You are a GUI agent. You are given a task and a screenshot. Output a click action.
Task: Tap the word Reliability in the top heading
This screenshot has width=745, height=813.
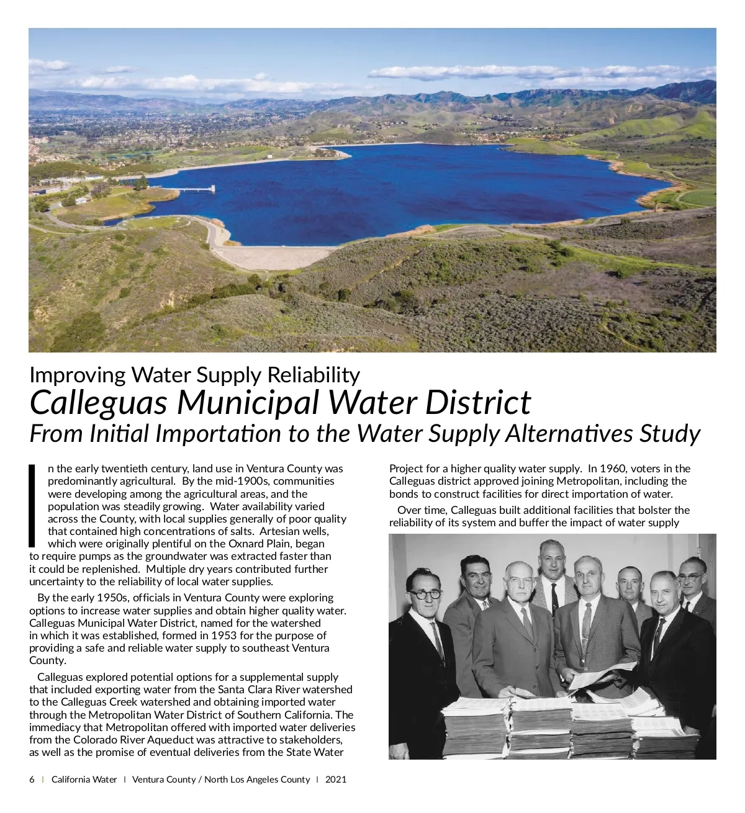pyautogui.click(x=314, y=375)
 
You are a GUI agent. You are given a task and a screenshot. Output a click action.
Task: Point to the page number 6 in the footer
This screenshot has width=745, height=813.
pyautogui.click(x=32, y=779)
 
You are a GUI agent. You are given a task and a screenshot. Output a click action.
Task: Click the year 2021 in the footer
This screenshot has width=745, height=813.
pyautogui.click(x=336, y=779)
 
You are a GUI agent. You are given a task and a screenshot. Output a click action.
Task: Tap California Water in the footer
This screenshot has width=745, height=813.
pyautogui.click(x=84, y=779)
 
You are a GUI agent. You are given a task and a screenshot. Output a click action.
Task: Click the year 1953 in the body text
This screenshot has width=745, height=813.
pyautogui.click(x=223, y=636)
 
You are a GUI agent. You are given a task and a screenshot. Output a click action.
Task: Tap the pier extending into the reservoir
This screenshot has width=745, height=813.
pyautogui.click(x=192, y=189)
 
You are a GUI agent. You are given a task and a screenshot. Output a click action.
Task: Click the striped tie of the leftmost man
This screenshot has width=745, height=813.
pyautogui.click(x=438, y=639)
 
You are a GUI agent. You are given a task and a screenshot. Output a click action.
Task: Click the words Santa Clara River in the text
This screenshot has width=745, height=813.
pyautogui.click(x=256, y=689)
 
